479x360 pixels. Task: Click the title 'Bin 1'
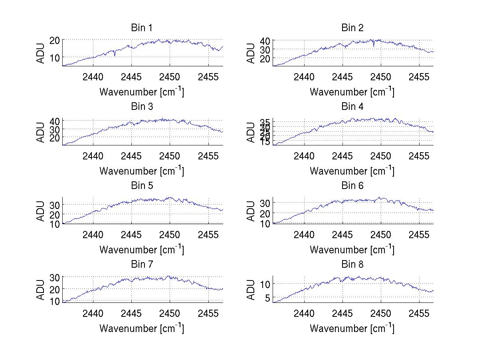click(x=142, y=28)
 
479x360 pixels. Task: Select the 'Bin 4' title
click(x=352, y=107)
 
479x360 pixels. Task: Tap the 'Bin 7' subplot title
click(x=142, y=265)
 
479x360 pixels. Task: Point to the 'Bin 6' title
click(x=352, y=186)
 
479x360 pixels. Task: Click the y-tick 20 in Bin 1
click(x=55, y=40)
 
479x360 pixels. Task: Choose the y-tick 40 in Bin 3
click(x=55, y=121)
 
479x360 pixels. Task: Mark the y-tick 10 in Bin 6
click(x=265, y=224)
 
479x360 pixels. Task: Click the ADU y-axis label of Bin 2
click(x=251, y=53)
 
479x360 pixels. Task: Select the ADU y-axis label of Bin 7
click(x=40, y=290)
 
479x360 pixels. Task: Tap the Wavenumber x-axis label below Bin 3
click(x=142, y=171)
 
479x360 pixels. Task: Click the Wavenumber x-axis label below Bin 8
click(x=352, y=328)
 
